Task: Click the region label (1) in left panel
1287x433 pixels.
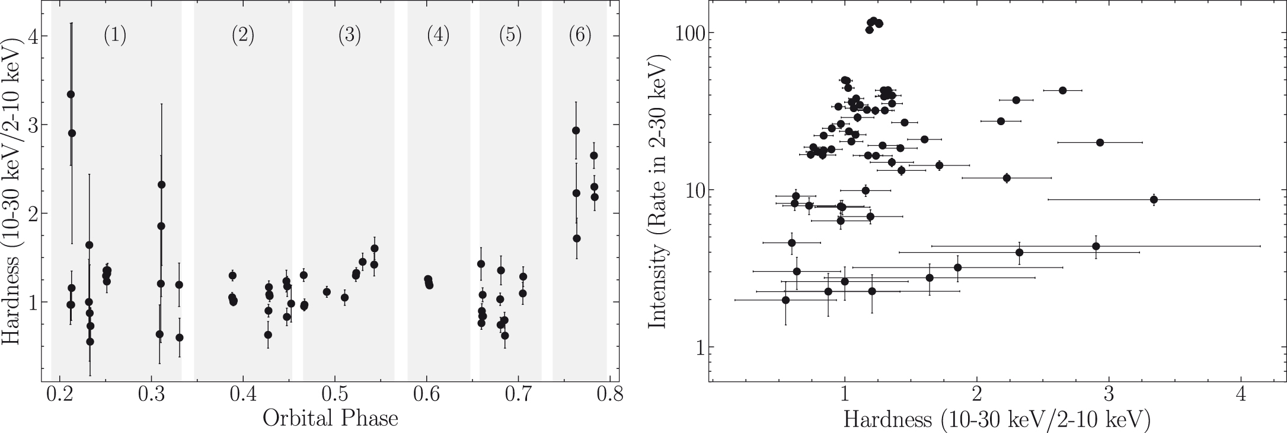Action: tap(115, 36)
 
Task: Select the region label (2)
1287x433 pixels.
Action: tap(243, 36)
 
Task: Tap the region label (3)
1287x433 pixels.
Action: tap(350, 36)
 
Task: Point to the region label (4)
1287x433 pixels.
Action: tap(438, 36)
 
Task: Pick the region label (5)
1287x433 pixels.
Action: tap(510, 36)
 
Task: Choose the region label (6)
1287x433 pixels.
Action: tap(580, 36)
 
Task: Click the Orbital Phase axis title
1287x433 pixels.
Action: tap(331, 419)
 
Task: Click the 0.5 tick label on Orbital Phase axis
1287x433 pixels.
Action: tap(335, 394)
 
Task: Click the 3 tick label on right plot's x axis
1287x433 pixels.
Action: tap(1108, 394)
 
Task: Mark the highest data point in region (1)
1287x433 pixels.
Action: tap(71, 94)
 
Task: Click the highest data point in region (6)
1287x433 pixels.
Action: tap(576, 130)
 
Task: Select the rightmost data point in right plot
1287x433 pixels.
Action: tap(1154, 199)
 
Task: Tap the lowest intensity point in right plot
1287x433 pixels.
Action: tap(785, 300)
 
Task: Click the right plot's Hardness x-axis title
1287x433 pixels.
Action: tap(997, 420)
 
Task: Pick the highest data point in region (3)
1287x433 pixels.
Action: tap(374, 249)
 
